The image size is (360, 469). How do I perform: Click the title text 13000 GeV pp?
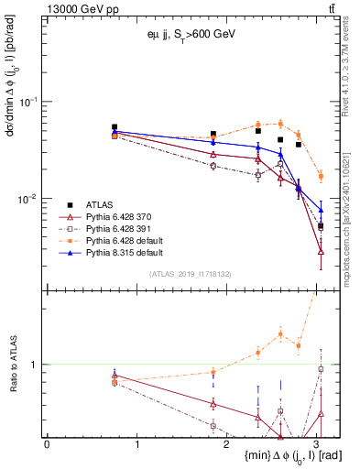[80, 8]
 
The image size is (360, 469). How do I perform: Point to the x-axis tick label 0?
[47, 444]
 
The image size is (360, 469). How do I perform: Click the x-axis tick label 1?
[136, 444]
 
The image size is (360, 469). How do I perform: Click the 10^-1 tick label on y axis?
[31, 102]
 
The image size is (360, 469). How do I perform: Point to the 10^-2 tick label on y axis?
[31, 199]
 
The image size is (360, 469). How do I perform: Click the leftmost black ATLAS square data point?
[115, 127]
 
